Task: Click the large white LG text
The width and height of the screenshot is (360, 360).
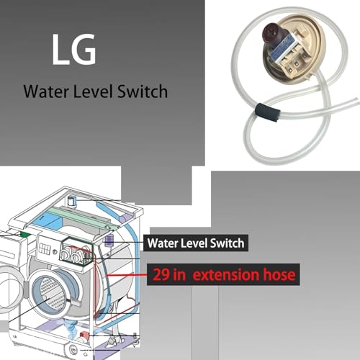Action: click(74, 49)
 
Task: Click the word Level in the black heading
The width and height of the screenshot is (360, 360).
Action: click(93, 91)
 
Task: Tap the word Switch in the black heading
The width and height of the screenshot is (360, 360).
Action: click(143, 91)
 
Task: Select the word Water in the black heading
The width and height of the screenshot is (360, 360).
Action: click(46, 91)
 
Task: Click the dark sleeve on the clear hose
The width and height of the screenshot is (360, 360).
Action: click(268, 112)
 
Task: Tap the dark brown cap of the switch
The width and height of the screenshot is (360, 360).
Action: click(270, 34)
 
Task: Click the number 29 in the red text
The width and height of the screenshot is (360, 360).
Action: click(161, 274)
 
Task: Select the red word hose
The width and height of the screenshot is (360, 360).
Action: click(279, 274)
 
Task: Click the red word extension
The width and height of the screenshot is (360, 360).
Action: click(226, 275)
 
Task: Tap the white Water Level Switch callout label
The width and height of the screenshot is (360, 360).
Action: click(196, 243)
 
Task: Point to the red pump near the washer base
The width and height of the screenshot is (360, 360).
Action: click(84, 335)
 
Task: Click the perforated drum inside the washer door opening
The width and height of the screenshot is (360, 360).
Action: click(52, 294)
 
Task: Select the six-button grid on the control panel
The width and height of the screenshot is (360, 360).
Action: click(45, 249)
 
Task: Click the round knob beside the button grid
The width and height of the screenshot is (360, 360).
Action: click(55, 252)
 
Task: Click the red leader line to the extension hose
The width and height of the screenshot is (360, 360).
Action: click(127, 274)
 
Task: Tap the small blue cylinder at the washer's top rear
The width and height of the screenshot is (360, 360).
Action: click(71, 201)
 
